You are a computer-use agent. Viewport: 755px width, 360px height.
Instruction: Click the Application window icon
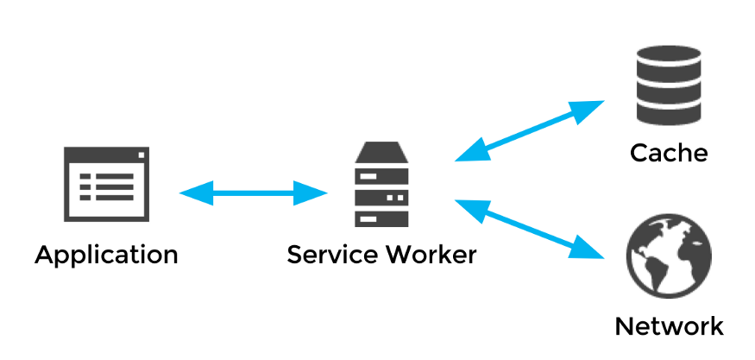pyautogui.click(x=106, y=185)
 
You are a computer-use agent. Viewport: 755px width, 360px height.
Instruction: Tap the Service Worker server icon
pyautogui.click(x=381, y=187)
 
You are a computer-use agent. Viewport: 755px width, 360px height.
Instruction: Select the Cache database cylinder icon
pyautogui.click(x=668, y=84)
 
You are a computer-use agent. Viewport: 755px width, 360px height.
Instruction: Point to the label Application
pyautogui.click(x=106, y=256)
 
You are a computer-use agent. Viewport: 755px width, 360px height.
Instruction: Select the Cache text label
pyautogui.click(x=669, y=154)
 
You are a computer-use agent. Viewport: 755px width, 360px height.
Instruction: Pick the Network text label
pyautogui.click(x=669, y=326)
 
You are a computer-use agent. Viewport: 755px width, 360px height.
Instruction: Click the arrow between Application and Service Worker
pyautogui.click(x=253, y=193)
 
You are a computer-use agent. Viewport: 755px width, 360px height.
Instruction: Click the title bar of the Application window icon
pyautogui.click(x=106, y=156)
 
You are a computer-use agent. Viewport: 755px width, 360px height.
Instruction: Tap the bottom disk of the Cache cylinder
pyautogui.click(x=668, y=111)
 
